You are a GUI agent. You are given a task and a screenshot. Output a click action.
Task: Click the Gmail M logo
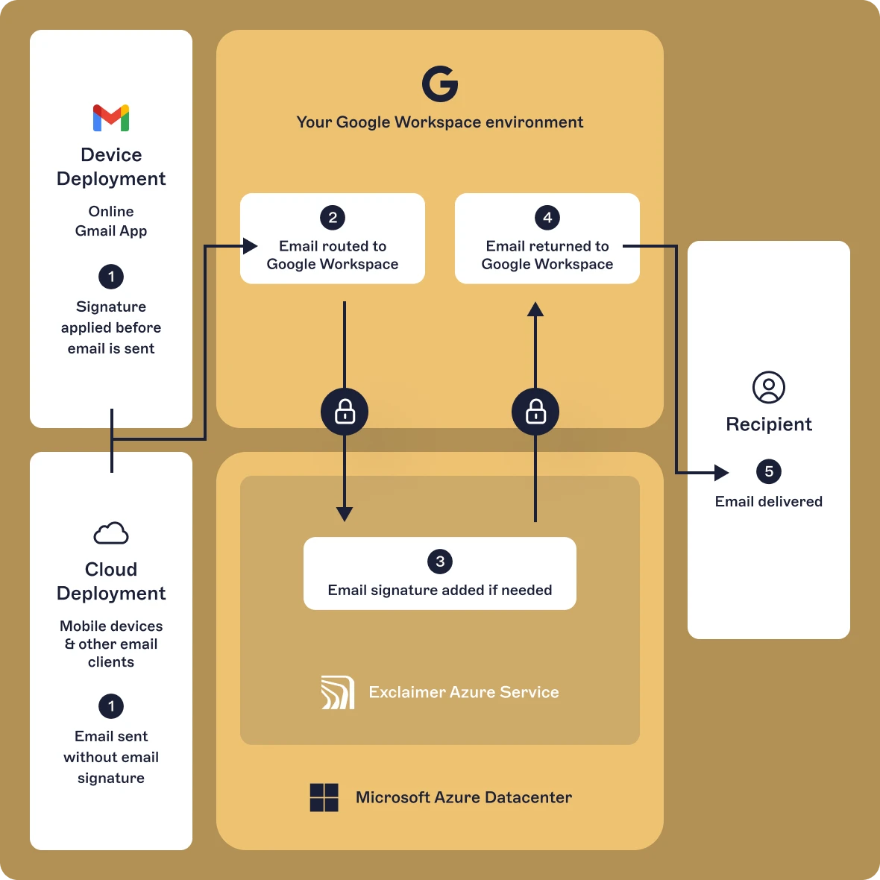111,118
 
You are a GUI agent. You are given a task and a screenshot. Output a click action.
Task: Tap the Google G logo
440,84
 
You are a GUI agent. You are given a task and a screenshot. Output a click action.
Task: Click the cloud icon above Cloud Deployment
111,533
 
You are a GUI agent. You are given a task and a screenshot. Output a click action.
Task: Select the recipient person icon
769,388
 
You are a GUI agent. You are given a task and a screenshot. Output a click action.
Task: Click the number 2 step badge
333,218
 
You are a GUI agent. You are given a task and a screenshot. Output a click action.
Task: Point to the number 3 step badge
440,562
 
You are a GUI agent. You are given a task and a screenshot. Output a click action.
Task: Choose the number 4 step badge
547,218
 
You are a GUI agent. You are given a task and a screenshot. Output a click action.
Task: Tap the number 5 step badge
769,471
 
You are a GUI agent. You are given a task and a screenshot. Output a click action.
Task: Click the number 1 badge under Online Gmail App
111,277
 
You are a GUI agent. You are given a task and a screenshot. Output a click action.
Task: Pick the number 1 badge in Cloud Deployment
111,706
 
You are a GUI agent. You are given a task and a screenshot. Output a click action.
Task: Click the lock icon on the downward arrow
345,412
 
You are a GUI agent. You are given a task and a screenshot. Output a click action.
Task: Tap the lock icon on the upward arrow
535,412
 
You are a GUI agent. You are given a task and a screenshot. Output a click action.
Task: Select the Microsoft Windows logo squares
324,797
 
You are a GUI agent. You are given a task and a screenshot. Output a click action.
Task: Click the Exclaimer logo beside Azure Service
338,693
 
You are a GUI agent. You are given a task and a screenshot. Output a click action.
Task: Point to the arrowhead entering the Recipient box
721,472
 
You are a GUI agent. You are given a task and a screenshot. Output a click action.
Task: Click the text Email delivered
769,502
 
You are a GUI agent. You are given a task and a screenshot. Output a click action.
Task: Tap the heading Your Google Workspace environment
440,122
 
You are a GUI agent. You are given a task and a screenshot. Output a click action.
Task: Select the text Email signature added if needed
440,590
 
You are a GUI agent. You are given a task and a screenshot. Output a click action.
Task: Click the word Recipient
769,424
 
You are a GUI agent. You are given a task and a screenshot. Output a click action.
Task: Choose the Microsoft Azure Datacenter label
464,797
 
